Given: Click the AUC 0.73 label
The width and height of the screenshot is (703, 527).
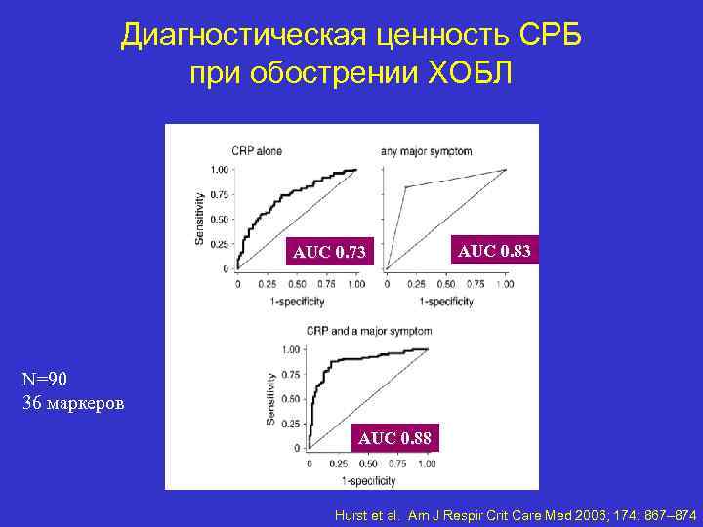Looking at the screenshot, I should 330,254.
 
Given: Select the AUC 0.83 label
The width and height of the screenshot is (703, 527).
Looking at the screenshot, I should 495,251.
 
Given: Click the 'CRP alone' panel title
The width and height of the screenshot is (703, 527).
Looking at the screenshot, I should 257,151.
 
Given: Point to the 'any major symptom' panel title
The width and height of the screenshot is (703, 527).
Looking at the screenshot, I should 426,151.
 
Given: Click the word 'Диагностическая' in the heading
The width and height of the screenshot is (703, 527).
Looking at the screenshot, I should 242,36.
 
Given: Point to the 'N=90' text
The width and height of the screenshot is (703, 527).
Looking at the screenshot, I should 47,378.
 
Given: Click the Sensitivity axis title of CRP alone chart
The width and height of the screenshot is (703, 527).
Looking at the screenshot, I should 200,218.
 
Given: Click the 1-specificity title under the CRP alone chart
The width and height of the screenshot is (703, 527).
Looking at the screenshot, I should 296,302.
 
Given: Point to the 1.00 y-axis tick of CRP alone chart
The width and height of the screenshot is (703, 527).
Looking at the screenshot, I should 221,170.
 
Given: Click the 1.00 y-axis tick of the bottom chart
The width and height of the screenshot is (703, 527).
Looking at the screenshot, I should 290,349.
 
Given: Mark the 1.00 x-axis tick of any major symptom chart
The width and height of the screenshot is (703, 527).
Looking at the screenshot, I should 504,285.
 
